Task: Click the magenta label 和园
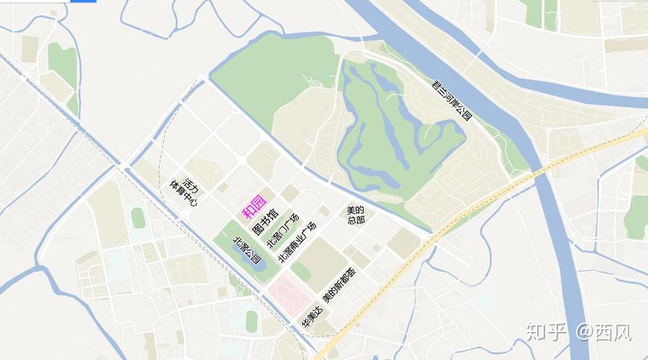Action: click(x=254, y=207)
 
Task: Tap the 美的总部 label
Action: click(x=356, y=214)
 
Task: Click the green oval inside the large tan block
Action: click(x=301, y=271)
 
